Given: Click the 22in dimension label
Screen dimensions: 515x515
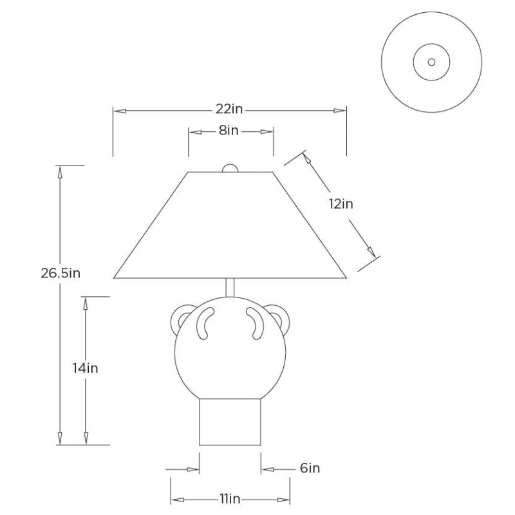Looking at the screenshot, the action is coord(229,109).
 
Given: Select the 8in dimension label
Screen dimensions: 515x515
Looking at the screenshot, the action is coord(229,131).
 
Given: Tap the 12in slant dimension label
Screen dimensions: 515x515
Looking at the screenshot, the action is coord(341,204).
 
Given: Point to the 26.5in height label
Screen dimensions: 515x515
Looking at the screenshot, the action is coord(61,273).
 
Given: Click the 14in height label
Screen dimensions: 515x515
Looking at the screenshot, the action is coord(86,368).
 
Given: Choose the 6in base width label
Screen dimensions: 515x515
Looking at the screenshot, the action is coord(310,468).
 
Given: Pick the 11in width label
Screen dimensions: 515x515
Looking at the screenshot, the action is coord(230,499).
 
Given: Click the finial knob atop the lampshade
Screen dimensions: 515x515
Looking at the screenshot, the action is coord(230,168).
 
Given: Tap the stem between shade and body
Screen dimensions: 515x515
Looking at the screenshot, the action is coord(230,288).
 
